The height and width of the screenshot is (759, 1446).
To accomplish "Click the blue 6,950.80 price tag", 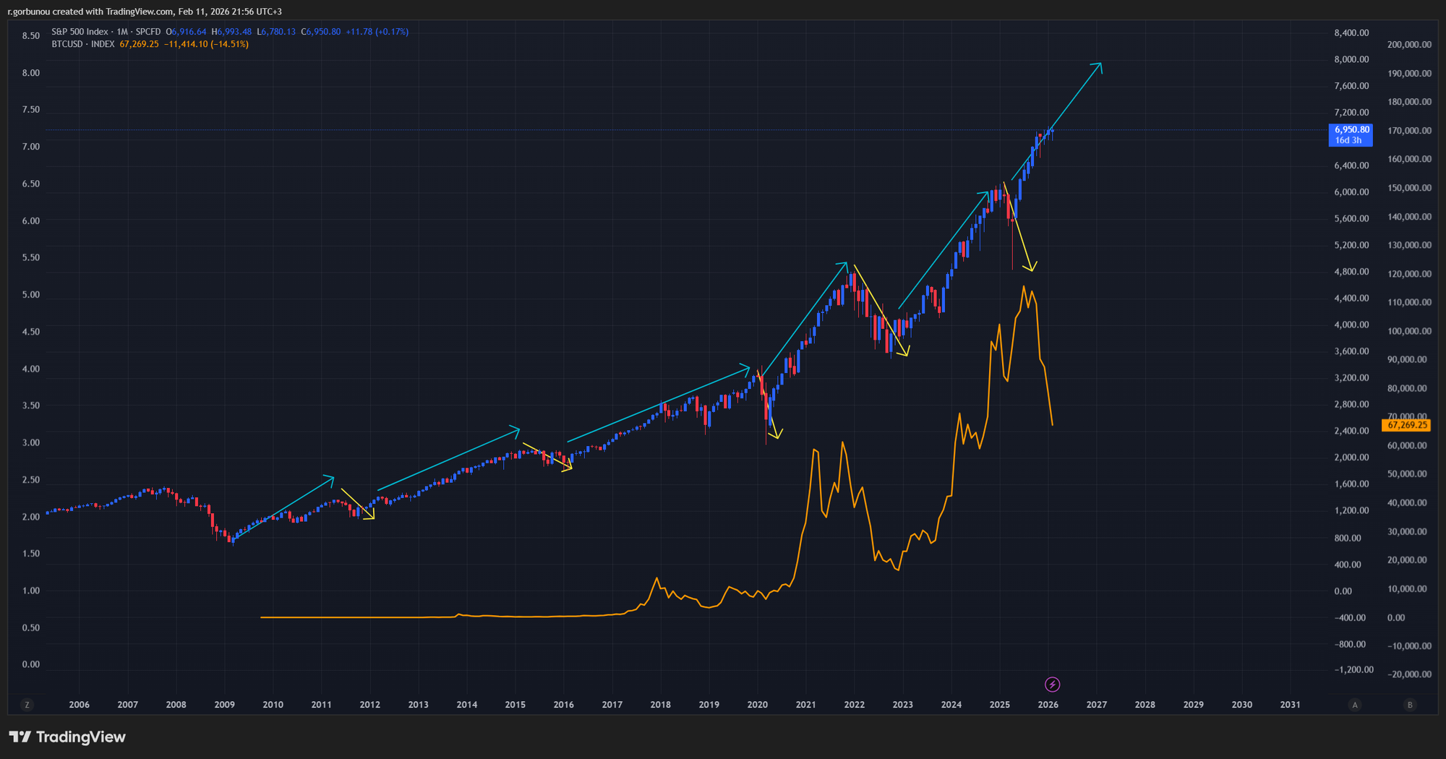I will [x=1350, y=134].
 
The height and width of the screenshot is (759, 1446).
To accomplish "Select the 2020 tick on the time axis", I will [x=757, y=705].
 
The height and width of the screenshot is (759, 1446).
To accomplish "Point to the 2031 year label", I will [x=1290, y=705].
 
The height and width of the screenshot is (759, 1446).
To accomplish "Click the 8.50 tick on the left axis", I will [x=31, y=36].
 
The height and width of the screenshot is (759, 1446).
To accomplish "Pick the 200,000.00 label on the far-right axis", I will [x=1409, y=45].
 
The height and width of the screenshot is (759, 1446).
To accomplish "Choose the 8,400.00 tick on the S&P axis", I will [x=1351, y=33].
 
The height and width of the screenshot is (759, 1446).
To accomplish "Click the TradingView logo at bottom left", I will [x=67, y=737].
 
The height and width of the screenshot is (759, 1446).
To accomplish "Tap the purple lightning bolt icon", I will [x=1053, y=684].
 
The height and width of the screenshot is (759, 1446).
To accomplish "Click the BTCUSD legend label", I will [x=67, y=45].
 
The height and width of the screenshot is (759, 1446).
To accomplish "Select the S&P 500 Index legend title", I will [x=80, y=32].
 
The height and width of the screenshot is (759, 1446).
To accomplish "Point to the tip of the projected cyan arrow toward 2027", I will [x=1100, y=64].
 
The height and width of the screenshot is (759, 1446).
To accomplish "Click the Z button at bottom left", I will [x=27, y=705].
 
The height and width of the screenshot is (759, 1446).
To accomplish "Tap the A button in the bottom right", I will [x=1355, y=705].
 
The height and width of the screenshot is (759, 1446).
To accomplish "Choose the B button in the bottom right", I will [x=1409, y=705].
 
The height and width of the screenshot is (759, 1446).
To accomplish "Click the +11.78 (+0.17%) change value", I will [x=377, y=32].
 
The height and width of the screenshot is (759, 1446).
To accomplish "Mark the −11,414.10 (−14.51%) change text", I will [x=206, y=45].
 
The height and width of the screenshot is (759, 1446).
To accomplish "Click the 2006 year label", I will [x=79, y=705].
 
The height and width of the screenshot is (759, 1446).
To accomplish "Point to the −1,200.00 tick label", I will [x=1353, y=670].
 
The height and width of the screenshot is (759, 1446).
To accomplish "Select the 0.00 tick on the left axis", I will [x=31, y=664].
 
